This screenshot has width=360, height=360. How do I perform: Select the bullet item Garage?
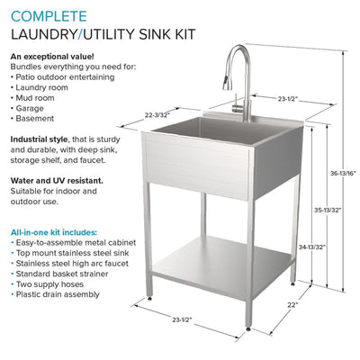32,108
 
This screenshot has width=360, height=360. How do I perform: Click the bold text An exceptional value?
53,57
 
